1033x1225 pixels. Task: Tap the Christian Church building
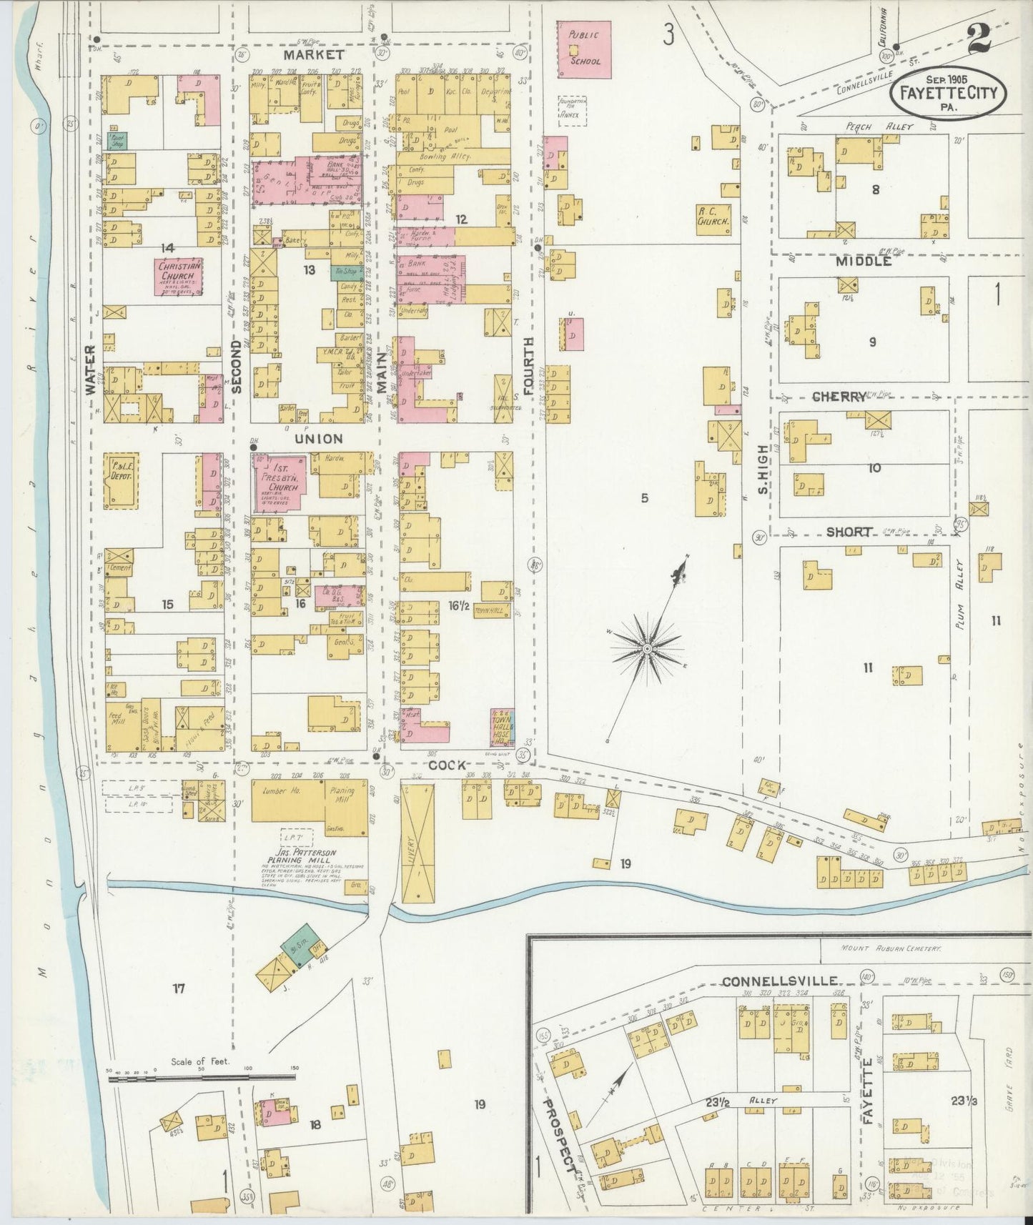point(177,277)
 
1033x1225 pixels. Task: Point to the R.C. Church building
point(714,217)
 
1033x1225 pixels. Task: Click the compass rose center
point(647,648)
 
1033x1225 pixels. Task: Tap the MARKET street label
point(312,54)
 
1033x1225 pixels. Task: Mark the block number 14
point(167,248)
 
